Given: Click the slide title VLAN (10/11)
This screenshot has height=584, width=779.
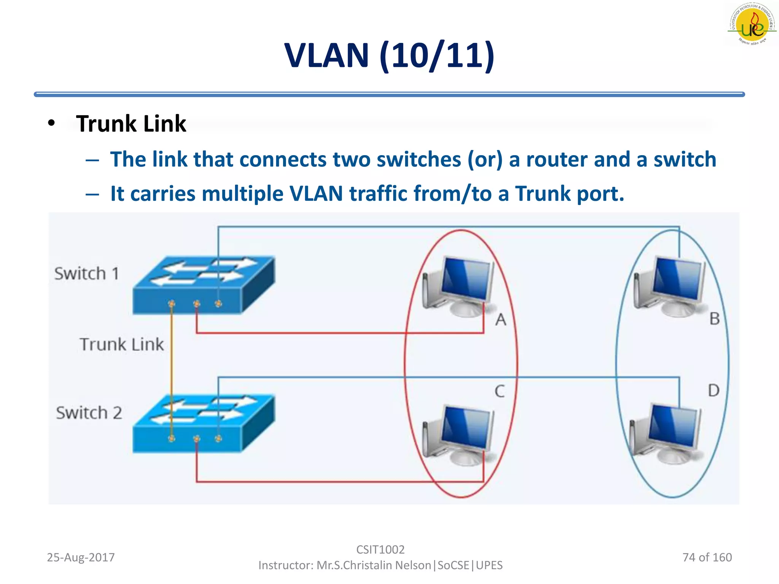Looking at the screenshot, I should pyautogui.click(x=389, y=56).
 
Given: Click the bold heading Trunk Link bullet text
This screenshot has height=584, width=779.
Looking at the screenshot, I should pyautogui.click(x=131, y=124).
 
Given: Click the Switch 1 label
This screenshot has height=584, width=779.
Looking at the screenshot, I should pyautogui.click(x=87, y=274).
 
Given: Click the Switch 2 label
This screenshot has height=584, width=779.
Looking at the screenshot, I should pyautogui.click(x=89, y=413).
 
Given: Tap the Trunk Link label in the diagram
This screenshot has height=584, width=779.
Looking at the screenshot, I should pyautogui.click(x=122, y=344).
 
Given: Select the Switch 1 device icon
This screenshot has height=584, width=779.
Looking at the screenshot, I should pyautogui.click(x=203, y=285).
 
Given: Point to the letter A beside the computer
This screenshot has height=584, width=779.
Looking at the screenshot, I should pyautogui.click(x=501, y=320).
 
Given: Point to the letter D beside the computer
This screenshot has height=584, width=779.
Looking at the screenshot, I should pyautogui.click(x=714, y=390).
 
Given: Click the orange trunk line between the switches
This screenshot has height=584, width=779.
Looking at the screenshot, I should pyautogui.click(x=172, y=365).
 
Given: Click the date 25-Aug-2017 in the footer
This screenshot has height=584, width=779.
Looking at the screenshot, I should pyautogui.click(x=81, y=557).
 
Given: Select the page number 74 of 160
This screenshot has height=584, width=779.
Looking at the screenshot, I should pyautogui.click(x=707, y=557).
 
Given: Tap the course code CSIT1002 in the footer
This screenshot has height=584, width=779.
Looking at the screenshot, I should pyautogui.click(x=380, y=549).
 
